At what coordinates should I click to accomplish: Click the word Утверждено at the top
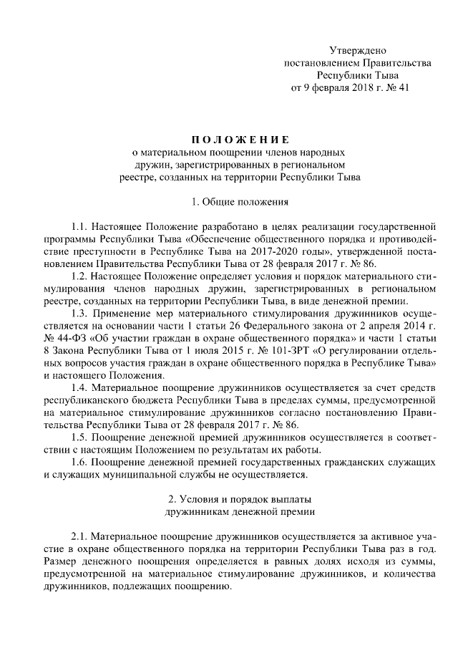point(358,51)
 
